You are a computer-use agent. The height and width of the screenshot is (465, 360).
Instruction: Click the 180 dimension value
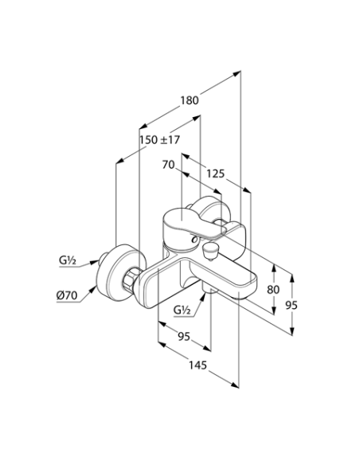tap(189, 101)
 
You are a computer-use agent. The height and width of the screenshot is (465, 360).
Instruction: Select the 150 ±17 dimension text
tap(159, 139)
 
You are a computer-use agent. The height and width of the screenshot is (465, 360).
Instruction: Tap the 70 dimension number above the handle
tap(168, 165)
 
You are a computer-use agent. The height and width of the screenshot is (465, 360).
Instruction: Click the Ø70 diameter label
tap(67, 295)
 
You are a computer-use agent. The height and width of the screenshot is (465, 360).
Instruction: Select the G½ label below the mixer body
tap(182, 310)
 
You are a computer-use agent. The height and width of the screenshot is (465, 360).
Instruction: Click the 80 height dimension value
tap(273, 290)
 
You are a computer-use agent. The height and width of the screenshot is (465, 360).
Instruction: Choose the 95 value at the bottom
tap(183, 337)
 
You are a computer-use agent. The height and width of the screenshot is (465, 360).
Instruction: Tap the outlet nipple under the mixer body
tap(208, 295)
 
